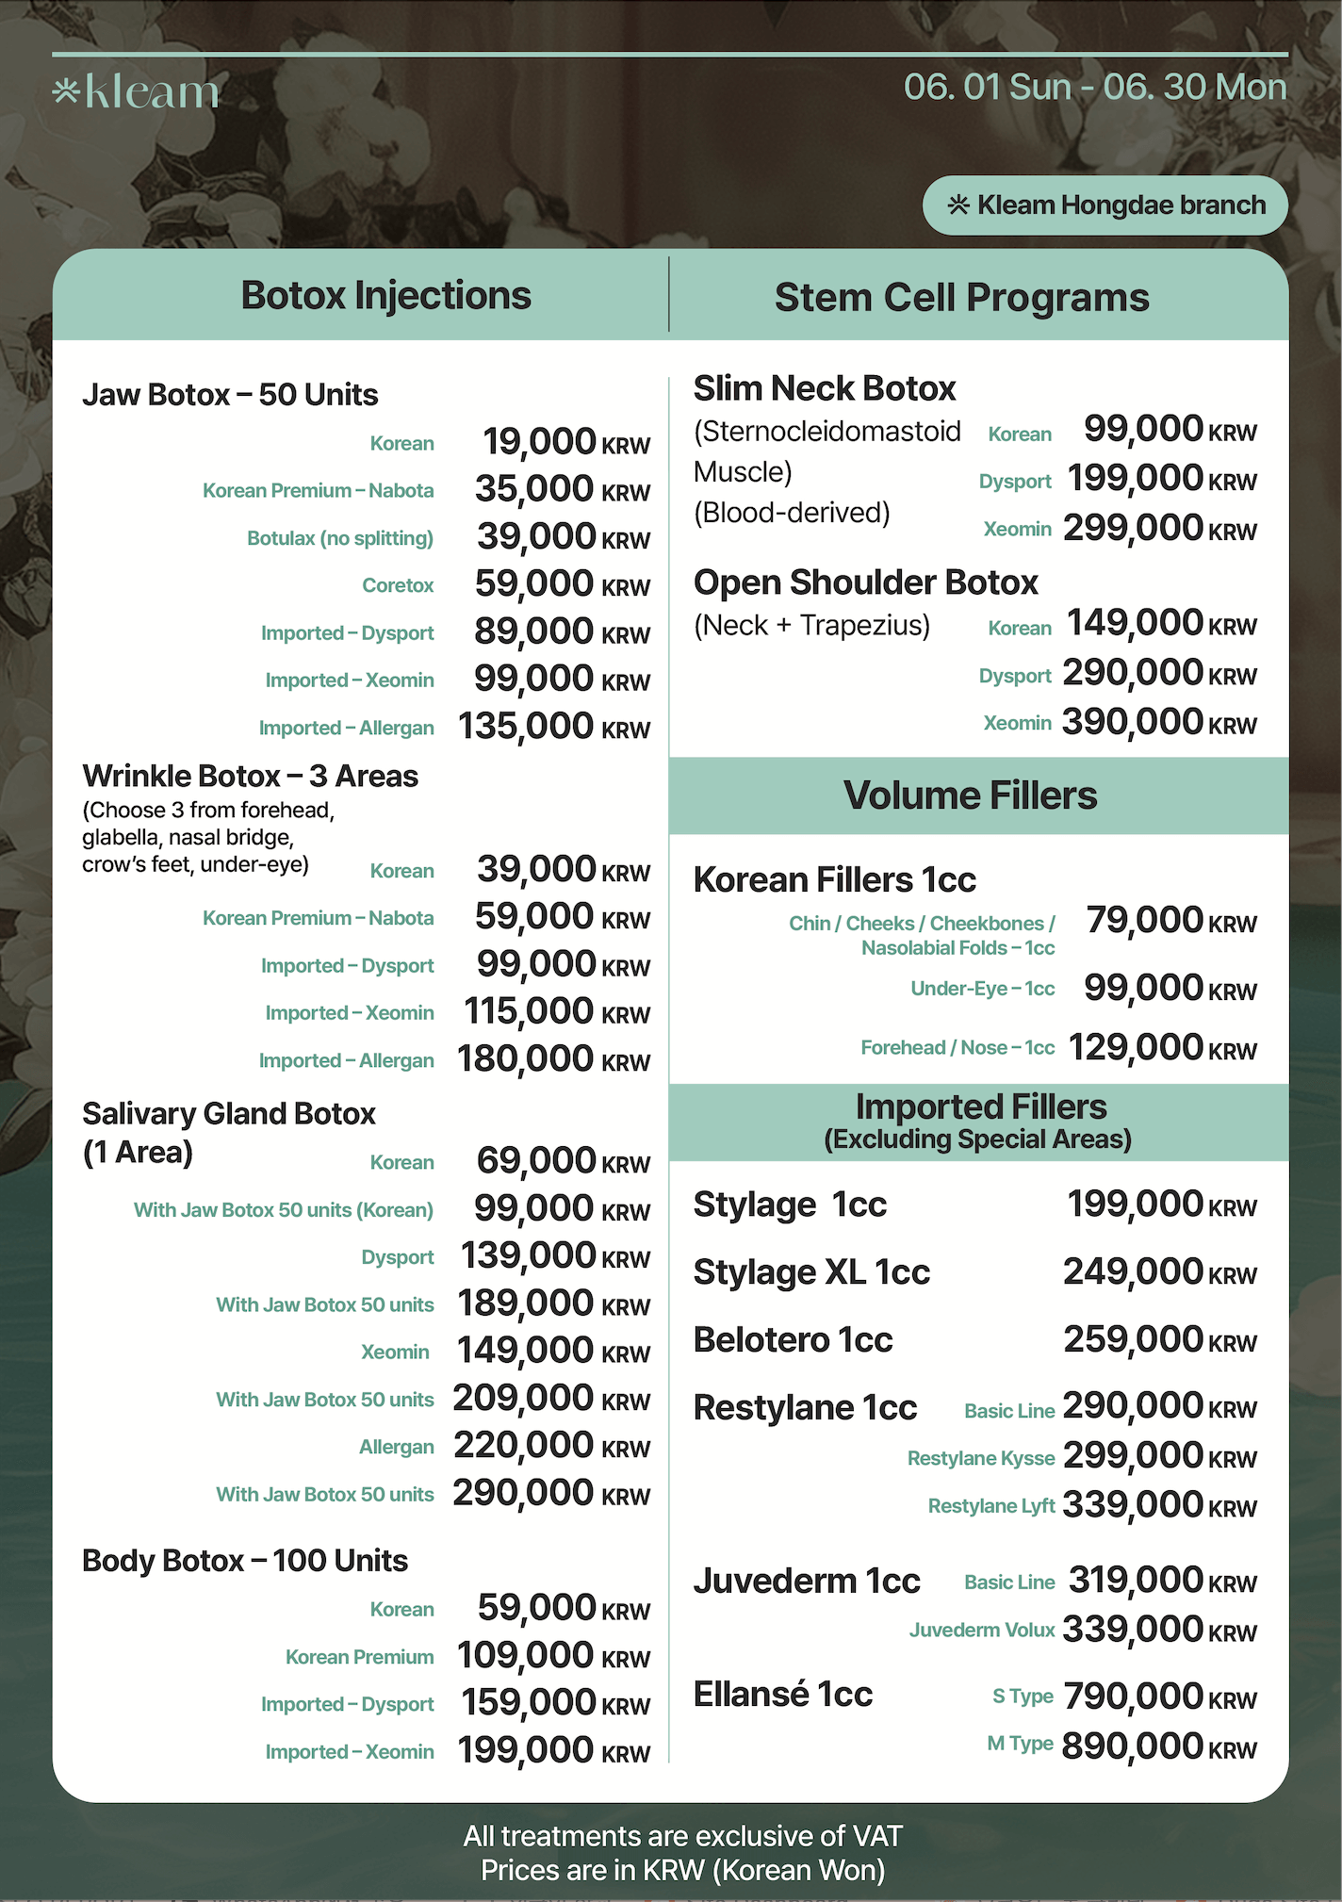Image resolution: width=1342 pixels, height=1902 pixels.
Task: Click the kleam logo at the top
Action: pos(137,91)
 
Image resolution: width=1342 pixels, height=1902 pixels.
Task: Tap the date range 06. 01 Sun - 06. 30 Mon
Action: pos(1095,88)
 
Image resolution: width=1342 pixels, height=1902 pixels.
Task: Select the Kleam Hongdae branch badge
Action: pos(1105,205)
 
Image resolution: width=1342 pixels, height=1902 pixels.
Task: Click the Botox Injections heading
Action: pos(385,296)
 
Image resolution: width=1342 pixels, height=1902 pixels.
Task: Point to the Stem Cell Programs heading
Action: pos(961,298)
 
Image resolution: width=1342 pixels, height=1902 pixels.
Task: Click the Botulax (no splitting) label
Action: pos(340,538)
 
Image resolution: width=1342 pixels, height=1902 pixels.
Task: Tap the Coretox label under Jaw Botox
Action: pos(398,585)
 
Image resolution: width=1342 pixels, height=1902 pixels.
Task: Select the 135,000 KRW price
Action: pos(553,727)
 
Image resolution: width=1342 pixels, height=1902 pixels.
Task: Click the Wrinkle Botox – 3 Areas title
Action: pos(250,776)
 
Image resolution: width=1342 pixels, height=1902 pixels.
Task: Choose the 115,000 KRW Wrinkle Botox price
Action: pos(556,1012)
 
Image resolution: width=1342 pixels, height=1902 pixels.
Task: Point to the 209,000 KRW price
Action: pos(551,1399)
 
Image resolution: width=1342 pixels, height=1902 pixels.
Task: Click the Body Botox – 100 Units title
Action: pos(245,1561)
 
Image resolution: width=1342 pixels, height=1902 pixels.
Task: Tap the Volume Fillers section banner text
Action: pos(970,795)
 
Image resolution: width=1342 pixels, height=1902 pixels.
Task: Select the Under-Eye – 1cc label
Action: pos(982,989)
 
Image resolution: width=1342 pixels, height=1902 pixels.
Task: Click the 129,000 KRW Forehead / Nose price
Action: pos(1162,1047)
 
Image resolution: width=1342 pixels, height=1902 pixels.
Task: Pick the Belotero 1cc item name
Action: pos(793,1340)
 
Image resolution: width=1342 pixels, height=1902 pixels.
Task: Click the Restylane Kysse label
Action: pos(981,1458)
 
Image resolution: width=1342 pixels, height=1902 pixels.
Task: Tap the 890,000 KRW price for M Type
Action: pos(1159,1746)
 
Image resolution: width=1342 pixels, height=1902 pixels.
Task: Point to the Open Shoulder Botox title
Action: pos(865,582)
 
